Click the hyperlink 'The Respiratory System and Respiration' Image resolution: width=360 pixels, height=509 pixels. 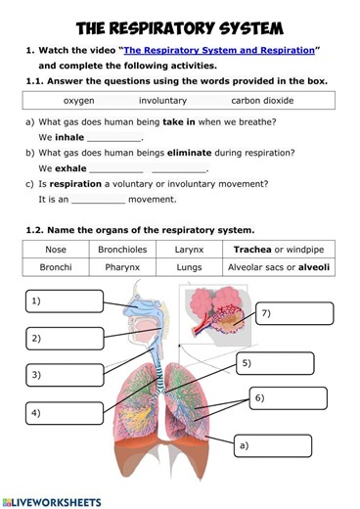219,49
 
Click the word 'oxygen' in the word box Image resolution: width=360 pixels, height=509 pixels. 79,100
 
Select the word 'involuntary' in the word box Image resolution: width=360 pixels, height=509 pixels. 162,100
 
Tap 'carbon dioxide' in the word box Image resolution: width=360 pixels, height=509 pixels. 262,100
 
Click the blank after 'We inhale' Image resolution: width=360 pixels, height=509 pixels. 113,138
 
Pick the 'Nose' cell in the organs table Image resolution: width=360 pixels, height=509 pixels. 56,250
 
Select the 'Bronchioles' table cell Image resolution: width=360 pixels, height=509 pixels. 122,250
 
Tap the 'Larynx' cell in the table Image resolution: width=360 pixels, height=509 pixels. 189,250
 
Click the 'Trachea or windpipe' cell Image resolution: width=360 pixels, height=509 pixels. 279,250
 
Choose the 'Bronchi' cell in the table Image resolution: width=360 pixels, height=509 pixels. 56,266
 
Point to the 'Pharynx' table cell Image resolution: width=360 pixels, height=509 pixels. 122,266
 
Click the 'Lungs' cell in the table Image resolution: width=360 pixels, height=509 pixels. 189,266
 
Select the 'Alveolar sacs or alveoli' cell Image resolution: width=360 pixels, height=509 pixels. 279,266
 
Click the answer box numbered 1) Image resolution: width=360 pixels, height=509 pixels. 65,301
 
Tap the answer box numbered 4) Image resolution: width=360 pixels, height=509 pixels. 65,413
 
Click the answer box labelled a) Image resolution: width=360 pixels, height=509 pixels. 272,446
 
